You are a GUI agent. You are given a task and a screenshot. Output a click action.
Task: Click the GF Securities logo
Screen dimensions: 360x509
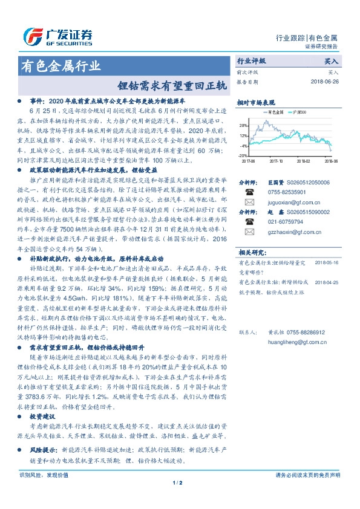tap(58, 36)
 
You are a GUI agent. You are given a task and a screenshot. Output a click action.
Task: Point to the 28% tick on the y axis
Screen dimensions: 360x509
tap(243, 126)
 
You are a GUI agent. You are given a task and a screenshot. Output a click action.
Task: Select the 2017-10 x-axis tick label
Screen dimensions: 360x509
tap(277, 161)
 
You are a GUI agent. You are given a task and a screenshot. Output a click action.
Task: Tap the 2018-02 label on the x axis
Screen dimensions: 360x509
tap(304, 161)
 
